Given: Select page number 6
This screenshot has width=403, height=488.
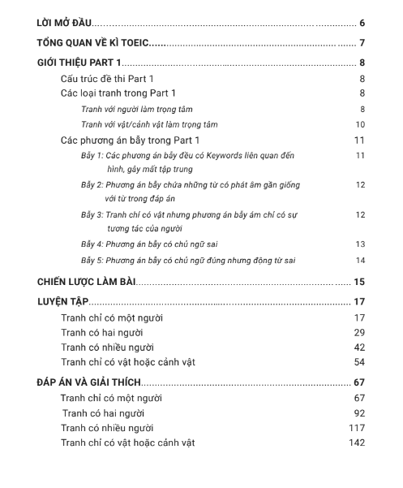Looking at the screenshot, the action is (x=362, y=22).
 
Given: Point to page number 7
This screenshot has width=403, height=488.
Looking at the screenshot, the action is (x=362, y=43).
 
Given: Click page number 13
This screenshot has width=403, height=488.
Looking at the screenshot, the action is (x=360, y=244).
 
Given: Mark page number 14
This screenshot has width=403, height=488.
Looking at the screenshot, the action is (x=360, y=260).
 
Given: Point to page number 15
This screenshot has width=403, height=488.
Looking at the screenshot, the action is (x=359, y=282).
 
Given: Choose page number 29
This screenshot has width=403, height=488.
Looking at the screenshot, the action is (x=359, y=332).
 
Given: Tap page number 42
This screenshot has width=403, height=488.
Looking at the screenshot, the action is (x=359, y=347).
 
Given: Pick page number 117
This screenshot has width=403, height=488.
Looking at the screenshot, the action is (x=358, y=427).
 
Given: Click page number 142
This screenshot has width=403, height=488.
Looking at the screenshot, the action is (x=358, y=443).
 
